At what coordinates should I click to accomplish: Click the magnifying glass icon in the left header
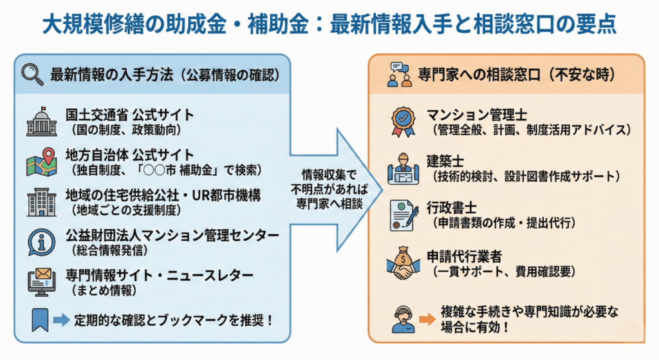point(32,74)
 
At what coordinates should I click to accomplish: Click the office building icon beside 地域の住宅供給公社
point(41,202)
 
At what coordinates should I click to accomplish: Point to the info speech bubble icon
point(41,242)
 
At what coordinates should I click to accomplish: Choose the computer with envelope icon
point(41,282)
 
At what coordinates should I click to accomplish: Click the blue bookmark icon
point(40,318)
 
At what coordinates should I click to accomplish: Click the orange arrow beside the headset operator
point(427,318)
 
